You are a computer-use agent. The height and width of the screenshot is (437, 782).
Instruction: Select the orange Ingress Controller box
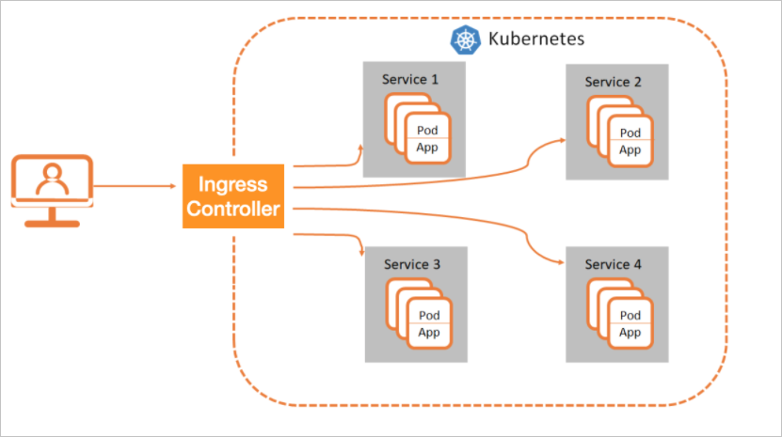point(233,195)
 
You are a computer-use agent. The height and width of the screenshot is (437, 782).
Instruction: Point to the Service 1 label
point(410,80)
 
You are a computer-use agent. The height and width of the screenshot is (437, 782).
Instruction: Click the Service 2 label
point(614,82)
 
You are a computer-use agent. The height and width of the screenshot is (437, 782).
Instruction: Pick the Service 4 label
point(614,265)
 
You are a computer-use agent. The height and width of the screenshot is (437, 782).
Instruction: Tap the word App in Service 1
point(429,148)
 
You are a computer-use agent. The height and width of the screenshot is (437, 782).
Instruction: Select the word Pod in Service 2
point(630,133)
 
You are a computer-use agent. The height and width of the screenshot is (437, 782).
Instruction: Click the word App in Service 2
point(630,150)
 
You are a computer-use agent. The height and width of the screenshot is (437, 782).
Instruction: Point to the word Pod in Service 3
point(429,316)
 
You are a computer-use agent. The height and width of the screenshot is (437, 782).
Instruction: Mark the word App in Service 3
point(429,333)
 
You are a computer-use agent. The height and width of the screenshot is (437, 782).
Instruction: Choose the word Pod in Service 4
point(630,316)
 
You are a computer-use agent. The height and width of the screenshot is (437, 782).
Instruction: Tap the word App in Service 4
point(630,333)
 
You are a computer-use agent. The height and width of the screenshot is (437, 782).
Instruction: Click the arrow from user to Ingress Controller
point(137,187)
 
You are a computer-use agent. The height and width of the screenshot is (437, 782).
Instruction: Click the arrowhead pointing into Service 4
point(562,262)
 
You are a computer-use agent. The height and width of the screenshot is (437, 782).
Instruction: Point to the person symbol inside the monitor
point(53,178)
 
